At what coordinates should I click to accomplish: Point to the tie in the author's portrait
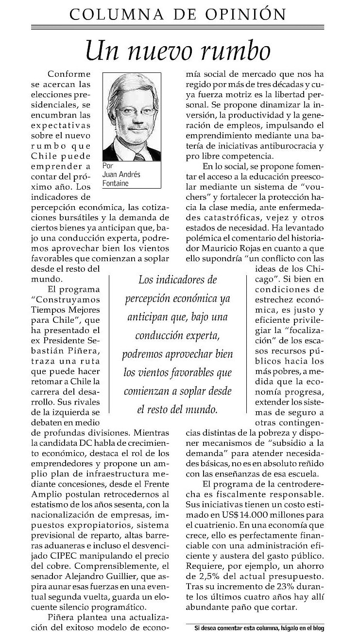[x=139, y=157]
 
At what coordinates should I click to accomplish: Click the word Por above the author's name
[x=108, y=165]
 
